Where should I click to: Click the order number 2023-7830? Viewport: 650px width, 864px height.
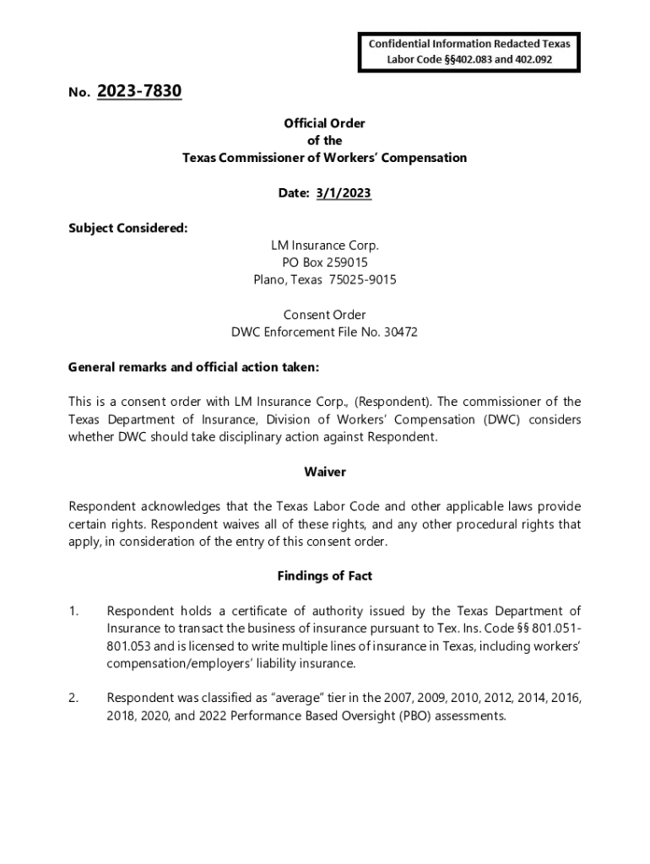pyautogui.click(x=139, y=91)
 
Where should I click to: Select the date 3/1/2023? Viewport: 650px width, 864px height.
pyautogui.click(x=344, y=193)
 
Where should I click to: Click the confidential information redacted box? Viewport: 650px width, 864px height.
pyautogui.click(x=469, y=51)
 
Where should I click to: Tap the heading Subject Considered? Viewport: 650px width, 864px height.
pyautogui.click(x=127, y=228)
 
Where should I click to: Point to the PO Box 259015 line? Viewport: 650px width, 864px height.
pyautogui.click(x=325, y=262)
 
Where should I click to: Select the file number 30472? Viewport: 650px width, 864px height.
pyautogui.click(x=401, y=332)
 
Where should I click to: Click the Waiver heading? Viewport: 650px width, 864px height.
pyautogui.click(x=325, y=472)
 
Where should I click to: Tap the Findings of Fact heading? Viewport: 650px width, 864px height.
pyautogui.click(x=325, y=576)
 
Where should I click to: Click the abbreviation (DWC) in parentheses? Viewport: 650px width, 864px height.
pyautogui.click(x=504, y=419)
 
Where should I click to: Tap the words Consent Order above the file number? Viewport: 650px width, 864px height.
pyautogui.click(x=325, y=315)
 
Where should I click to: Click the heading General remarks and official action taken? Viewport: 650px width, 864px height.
pyautogui.click(x=193, y=367)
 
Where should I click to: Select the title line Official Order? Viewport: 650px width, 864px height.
pyautogui.click(x=325, y=123)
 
